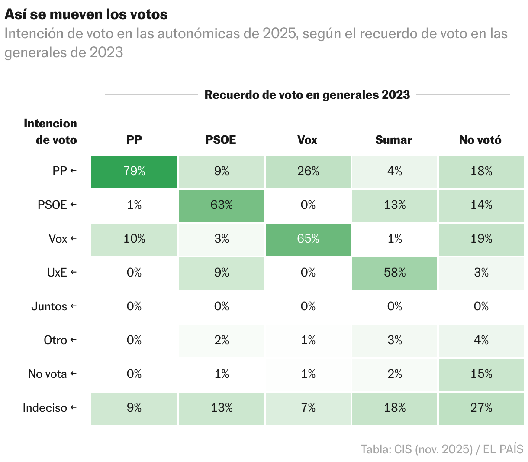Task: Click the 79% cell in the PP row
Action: (134, 172)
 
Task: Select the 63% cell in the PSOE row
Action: (222, 205)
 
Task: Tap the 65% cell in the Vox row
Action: (308, 239)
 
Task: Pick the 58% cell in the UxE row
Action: (394, 273)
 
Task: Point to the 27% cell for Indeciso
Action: (481, 408)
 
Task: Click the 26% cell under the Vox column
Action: (308, 172)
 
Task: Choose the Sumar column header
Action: (393, 140)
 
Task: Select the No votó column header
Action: (480, 140)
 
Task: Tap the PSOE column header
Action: (221, 140)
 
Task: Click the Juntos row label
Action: (49, 306)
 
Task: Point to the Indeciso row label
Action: (45, 408)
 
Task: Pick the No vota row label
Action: (48, 374)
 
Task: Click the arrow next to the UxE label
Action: (73, 273)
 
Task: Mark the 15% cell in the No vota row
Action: (481, 374)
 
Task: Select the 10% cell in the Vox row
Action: (134, 239)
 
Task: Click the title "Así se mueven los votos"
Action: (86, 14)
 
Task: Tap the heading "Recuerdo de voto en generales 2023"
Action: (307, 95)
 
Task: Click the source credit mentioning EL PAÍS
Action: (442, 449)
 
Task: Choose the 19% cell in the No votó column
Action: (481, 239)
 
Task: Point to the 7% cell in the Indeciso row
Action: (308, 408)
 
